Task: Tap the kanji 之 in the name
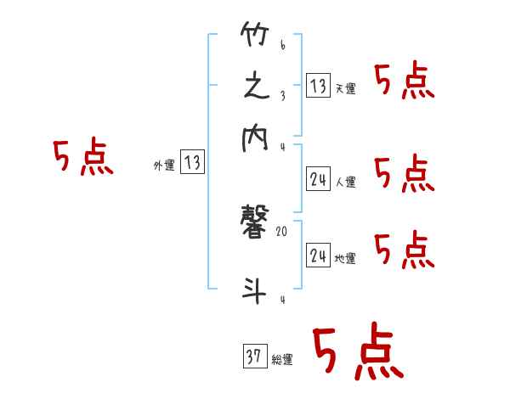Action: click(x=257, y=88)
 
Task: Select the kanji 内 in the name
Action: click(x=257, y=139)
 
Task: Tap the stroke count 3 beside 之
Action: click(x=282, y=95)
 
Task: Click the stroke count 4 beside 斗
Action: click(x=282, y=300)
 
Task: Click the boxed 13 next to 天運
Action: click(x=318, y=86)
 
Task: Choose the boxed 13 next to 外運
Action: click(x=193, y=163)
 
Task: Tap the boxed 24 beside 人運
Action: click(x=318, y=178)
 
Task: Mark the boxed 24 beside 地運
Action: click(x=318, y=255)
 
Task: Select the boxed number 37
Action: click(x=253, y=357)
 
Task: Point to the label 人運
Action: click(x=345, y=182)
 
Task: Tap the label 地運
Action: click(x=345, y=258)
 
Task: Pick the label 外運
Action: click(x=164, y=166)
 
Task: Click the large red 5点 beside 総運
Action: click(x=357, y=353)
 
